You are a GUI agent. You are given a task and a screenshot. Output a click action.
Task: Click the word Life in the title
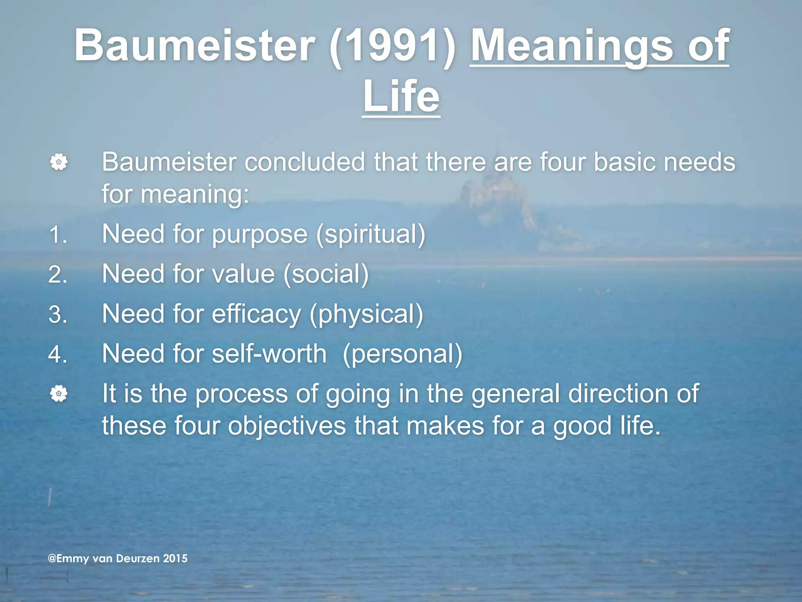tap(401, 96)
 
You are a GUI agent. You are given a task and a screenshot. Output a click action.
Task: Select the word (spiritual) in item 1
tap(370, 234)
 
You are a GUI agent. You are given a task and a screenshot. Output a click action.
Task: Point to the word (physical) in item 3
tap(366, 314)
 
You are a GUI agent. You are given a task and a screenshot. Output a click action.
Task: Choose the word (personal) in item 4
tap(402, 354)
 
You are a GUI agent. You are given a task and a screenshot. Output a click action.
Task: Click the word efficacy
tap(256, 314)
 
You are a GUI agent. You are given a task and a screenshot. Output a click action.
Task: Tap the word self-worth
tap(269, 354)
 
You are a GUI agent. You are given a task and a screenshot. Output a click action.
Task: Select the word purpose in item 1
tap(260, 235)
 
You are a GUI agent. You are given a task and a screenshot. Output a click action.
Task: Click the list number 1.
tap(58, 235)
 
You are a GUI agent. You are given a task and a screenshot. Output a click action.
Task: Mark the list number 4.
tap(58, 354)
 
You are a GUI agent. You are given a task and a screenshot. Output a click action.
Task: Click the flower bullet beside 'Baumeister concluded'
tap(59, 162)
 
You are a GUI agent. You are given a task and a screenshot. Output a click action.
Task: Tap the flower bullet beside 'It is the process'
tap(59, 393)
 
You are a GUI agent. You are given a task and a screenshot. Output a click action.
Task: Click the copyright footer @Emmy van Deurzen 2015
tap(117, 558)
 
